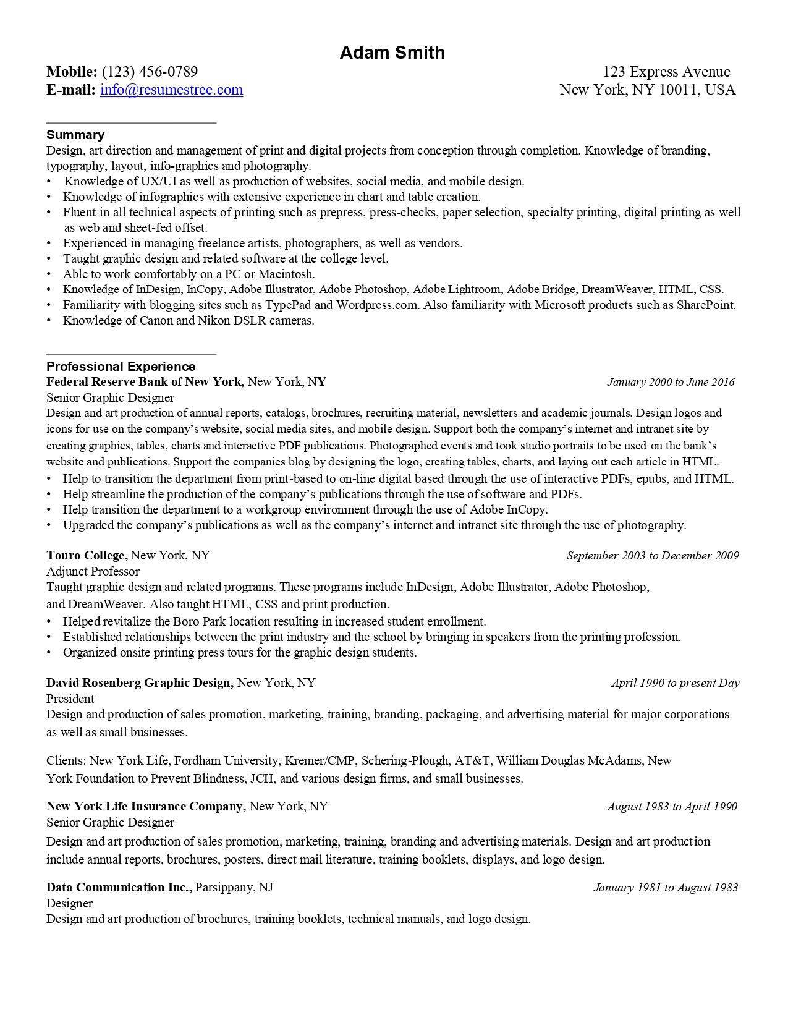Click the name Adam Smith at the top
point(392,53)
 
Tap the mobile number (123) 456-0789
point(150,72)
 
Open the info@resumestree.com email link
point(171,90)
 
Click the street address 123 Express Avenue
point(666,72)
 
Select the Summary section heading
point(75,135)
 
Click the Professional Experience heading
point(121,367)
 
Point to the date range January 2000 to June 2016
point(671,382)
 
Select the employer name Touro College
point(87,555)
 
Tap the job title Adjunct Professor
point(93,571)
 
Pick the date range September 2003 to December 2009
point(653,555)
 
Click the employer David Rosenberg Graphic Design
point(139,682)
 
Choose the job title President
point(70,699)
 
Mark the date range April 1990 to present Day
point(675,683)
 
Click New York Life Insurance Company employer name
point(146,806)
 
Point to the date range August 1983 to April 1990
point(672,806)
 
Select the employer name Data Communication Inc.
point(120,887)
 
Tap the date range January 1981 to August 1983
point(666,888)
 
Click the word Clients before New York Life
point(67,760)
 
